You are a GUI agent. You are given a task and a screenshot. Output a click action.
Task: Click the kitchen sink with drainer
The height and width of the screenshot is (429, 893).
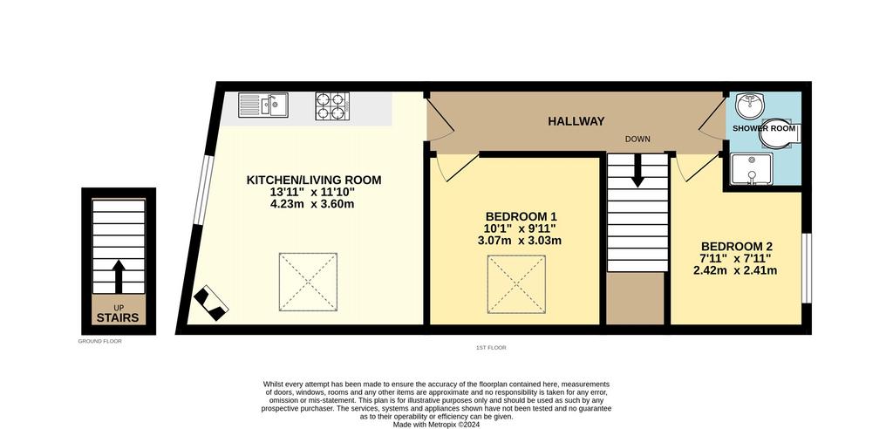[x=263, y=105]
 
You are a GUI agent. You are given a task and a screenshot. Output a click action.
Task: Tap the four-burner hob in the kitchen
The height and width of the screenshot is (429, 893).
[x=331, y=106]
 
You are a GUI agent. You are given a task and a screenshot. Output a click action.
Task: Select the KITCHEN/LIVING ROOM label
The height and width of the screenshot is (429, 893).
[x=314, y=180]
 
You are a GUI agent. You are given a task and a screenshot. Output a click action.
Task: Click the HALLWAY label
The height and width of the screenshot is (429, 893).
[x=576, y=121]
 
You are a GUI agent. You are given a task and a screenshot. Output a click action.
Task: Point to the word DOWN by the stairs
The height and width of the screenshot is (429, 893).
[x=637, y=139]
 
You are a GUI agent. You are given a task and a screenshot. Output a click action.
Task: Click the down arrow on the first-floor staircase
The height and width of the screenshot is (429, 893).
[x=637, y=170]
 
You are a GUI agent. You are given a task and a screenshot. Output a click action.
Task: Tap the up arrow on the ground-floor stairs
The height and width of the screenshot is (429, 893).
[x=119, y=276]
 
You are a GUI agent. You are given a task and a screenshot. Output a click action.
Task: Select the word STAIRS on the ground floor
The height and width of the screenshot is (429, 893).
[x=118, y=318]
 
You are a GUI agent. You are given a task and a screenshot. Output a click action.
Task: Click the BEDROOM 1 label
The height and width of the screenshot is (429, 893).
[x=521, y=216]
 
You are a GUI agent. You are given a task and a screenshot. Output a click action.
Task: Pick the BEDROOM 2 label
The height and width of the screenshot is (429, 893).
[x=736, y=247]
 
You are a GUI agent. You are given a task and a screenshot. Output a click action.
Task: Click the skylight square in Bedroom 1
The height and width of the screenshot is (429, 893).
[x=516, y=283]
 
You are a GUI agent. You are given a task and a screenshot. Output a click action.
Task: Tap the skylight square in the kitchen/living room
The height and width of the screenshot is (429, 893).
[x=308, y=282]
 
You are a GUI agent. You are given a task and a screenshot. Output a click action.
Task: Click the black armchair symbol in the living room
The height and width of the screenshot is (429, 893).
[x=211, y=303]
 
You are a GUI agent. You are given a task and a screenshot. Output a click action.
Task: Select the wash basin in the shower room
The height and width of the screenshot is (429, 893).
[x=749, y=106]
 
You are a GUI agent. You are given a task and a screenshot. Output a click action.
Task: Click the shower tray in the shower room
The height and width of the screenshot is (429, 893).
[x=752, y=170]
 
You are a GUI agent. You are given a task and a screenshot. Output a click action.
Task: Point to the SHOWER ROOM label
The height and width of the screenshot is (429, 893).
[x=764, y=128]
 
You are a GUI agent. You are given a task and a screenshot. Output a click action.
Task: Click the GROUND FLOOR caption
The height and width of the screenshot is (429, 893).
[x=100, y=341]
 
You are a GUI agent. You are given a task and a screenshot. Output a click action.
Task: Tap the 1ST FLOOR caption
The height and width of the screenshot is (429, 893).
[x=492, y=348]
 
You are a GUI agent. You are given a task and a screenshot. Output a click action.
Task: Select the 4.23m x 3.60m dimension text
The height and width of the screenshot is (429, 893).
[x=312, y=204]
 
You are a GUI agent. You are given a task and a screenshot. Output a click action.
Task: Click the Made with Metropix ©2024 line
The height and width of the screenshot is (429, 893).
[x=437, y=425]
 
